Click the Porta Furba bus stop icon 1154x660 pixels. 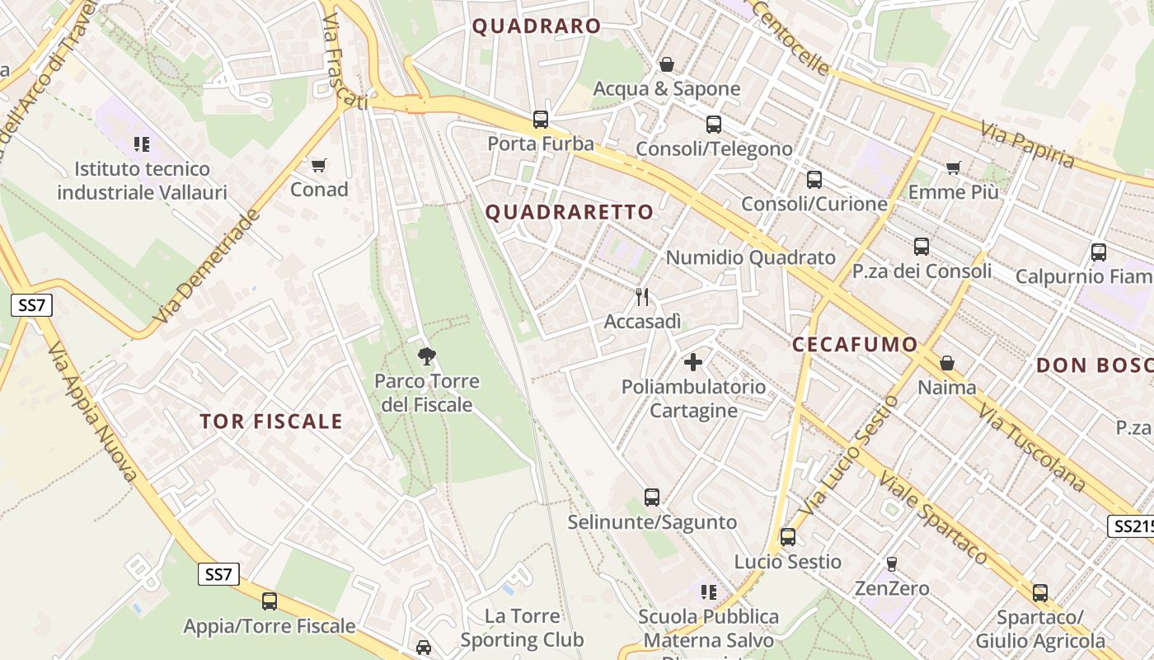pos(540,120)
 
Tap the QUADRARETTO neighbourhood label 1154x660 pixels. pos(569,212)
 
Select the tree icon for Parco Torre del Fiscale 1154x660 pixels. pos(426,356)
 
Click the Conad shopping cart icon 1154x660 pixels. pos(319,165)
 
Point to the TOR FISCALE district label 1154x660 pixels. pos(271,422)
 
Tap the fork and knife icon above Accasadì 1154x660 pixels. pos(642,296)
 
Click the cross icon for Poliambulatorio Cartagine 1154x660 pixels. pos(693,361)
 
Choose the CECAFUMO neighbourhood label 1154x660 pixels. pos(855,345)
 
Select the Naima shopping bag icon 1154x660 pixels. pos(947,363)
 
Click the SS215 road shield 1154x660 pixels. pos(1131,526)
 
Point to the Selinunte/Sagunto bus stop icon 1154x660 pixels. pos(651,497)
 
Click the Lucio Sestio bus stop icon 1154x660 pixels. pos(787,537)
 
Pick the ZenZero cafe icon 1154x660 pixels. pos(891,564)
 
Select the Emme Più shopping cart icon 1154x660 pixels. pos(953,168)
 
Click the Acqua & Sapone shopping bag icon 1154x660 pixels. pos(666,64)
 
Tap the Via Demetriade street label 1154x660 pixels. pos(207,266)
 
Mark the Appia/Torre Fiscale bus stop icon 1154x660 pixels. pos(269,601)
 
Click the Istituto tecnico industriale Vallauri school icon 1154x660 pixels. pos(142,144)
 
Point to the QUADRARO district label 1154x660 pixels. pos(537,26)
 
